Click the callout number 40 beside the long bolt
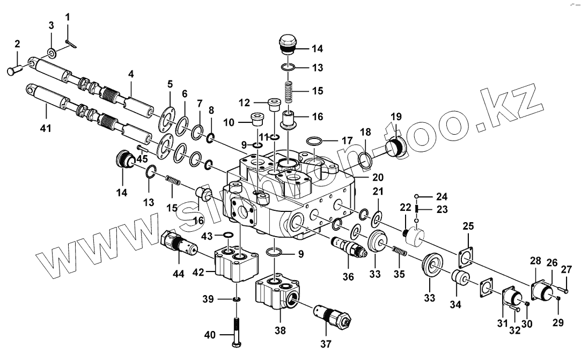210,335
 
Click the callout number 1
68,17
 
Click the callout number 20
379,177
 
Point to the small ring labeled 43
227,235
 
